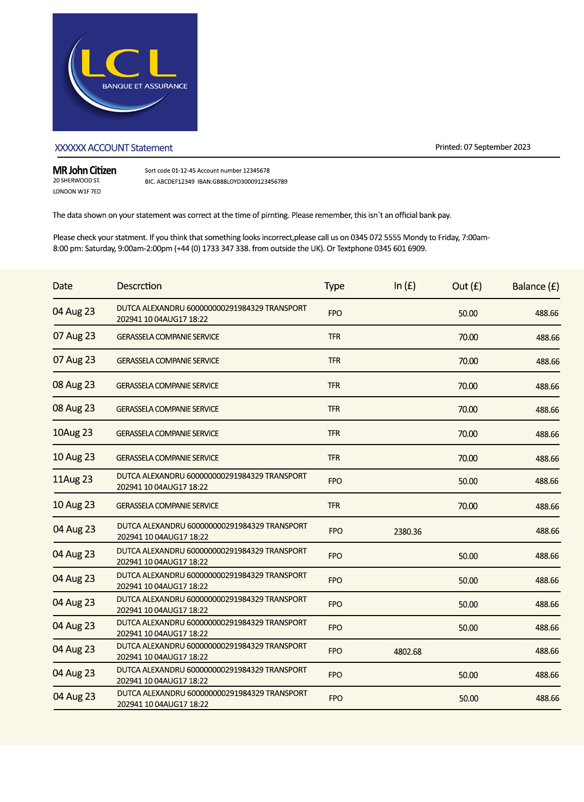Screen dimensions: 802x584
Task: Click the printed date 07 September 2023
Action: tap(497, 147)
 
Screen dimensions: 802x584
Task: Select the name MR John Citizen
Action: tap(84, 170)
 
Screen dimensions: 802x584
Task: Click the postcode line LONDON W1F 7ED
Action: tap(77, 192)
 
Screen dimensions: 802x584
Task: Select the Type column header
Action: tap(334, 286)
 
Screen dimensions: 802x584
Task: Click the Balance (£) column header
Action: tap(535, 287)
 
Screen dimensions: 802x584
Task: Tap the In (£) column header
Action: tap(405, 286)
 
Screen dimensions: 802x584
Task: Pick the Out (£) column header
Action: tap(467, 286)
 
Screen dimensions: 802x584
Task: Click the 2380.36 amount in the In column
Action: tap(407, 532)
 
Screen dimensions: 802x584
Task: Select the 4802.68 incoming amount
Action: tap(407, 652)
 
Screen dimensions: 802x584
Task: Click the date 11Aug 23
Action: tap(73, 480)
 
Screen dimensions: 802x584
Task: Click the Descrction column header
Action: tap(139, 286)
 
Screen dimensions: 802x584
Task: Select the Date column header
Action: tap(63, 286)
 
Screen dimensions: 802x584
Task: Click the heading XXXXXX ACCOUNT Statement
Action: tap(114, 148)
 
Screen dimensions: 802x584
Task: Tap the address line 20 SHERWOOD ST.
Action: tap(76, 181)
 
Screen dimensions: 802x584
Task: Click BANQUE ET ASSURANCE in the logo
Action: tap(144, 86)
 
